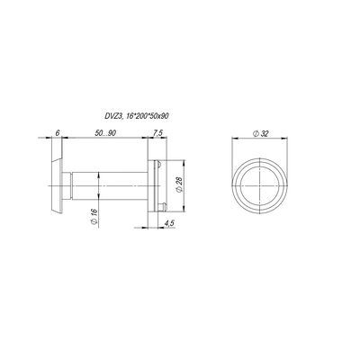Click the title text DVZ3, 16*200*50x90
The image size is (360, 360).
click(135, 117)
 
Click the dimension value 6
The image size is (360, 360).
click(58, 133)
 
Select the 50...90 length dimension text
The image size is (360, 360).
click(105, 133)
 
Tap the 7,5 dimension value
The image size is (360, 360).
click(158, 133)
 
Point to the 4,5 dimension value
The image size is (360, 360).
click(169, 223)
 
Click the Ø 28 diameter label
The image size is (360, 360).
click(179, 184)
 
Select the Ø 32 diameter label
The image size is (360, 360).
click(260, 134)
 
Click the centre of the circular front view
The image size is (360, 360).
click(259, 185)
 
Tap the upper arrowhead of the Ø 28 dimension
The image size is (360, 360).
click(184, 163)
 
